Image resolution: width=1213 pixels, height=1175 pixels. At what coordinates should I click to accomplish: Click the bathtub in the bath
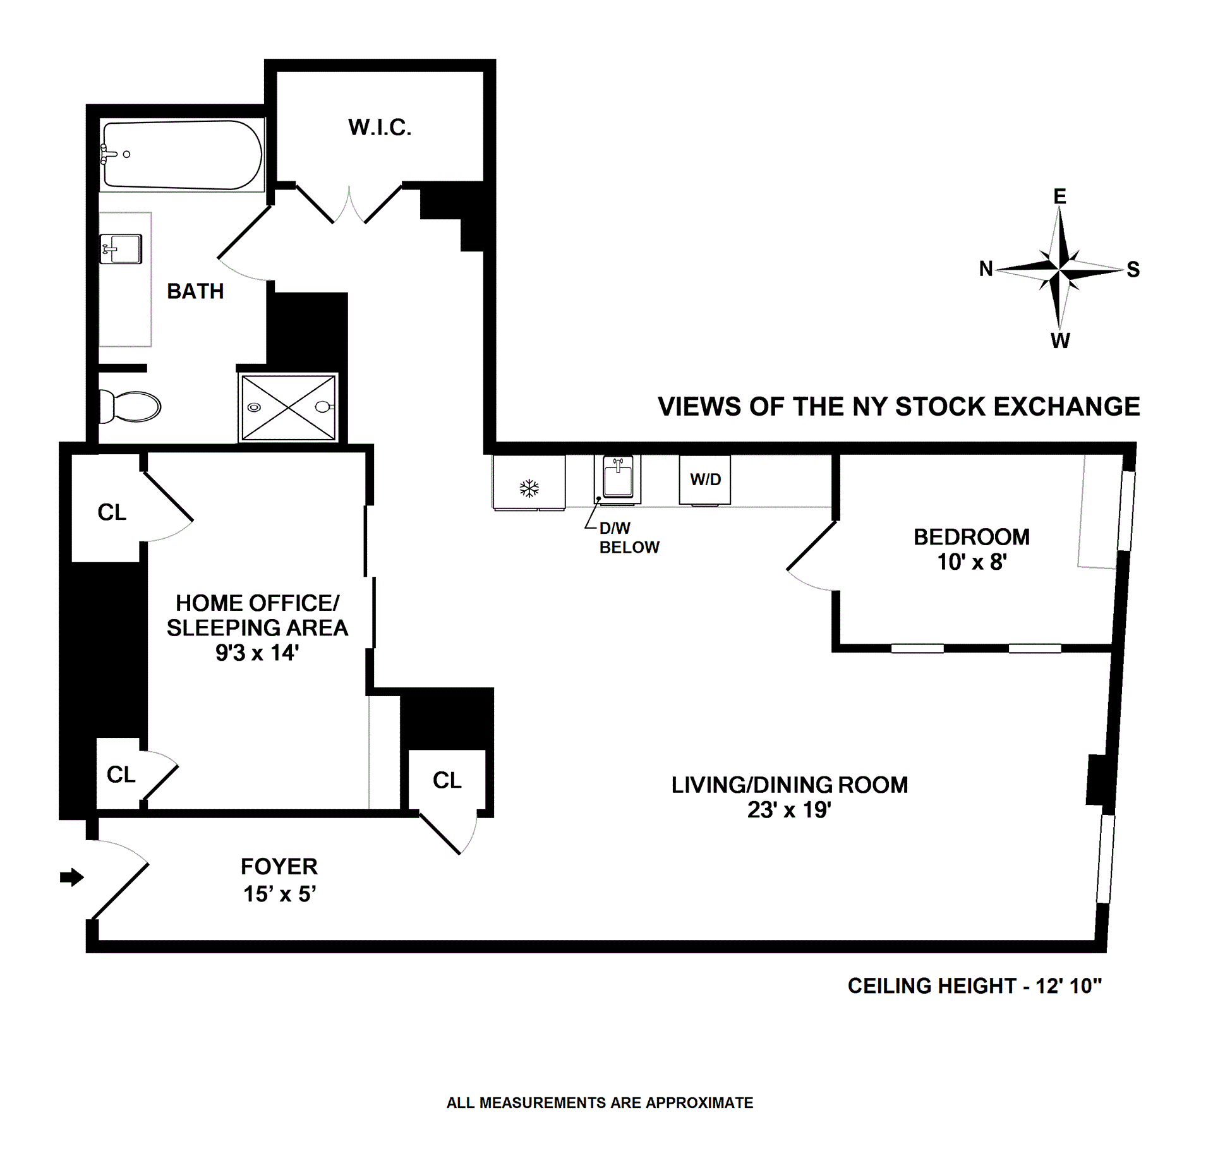(182, 155)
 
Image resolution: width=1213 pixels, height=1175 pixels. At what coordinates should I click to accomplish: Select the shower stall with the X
(289, 407)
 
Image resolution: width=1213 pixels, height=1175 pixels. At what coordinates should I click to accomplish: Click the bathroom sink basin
(121, 249)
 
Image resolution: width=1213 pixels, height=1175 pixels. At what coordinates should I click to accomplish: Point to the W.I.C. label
(380, 128)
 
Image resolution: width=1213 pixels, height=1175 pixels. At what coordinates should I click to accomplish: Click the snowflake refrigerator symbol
(529, 488)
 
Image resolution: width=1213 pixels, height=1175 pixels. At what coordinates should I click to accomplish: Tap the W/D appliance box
(705, 480)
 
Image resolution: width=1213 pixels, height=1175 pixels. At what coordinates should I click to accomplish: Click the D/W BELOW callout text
(629, 538)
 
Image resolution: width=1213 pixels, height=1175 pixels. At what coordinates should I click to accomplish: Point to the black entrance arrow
(72, 877)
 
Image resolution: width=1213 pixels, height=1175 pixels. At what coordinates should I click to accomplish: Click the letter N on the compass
(986, 268)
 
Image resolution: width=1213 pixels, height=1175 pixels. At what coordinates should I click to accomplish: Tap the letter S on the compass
(1133, 270)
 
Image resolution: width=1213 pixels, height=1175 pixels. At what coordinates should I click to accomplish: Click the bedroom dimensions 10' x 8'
(972, 562)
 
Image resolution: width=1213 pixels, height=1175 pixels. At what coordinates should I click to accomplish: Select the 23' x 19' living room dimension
(789, 809)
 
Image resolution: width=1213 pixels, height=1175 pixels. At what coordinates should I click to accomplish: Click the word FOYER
(279, 866)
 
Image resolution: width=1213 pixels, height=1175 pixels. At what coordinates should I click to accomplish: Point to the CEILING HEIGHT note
(974, 985)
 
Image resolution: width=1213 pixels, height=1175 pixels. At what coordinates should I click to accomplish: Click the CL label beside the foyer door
(447, 780)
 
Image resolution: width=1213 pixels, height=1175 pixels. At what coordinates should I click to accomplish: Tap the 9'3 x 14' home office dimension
(257, 653)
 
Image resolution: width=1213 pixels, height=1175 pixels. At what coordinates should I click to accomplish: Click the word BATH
(195, 291)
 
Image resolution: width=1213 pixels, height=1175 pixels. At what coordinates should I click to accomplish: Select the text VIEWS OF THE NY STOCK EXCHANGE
(898, 406)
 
